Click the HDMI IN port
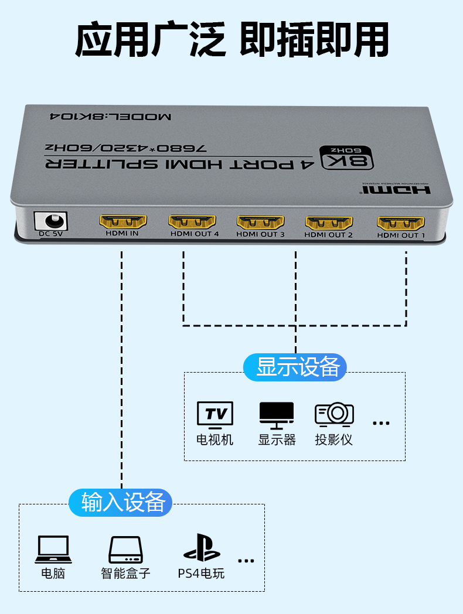coord(122,222)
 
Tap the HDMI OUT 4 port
coord(192,222)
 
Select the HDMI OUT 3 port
coord(260,222)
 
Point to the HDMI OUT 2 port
coord(329,223)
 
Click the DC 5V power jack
coord(51,221)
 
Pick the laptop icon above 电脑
coord(53,550)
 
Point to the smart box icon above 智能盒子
coord(125,550)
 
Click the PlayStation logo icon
coord(202,548)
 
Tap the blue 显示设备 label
coord(295,367)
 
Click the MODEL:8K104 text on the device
coord(110,116)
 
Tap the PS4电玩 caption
coord(202,572)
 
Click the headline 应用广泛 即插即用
coord(231,40)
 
